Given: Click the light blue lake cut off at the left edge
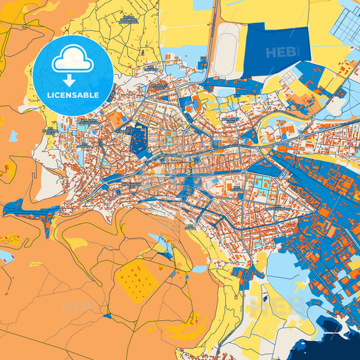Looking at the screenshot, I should tap(5, 257).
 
